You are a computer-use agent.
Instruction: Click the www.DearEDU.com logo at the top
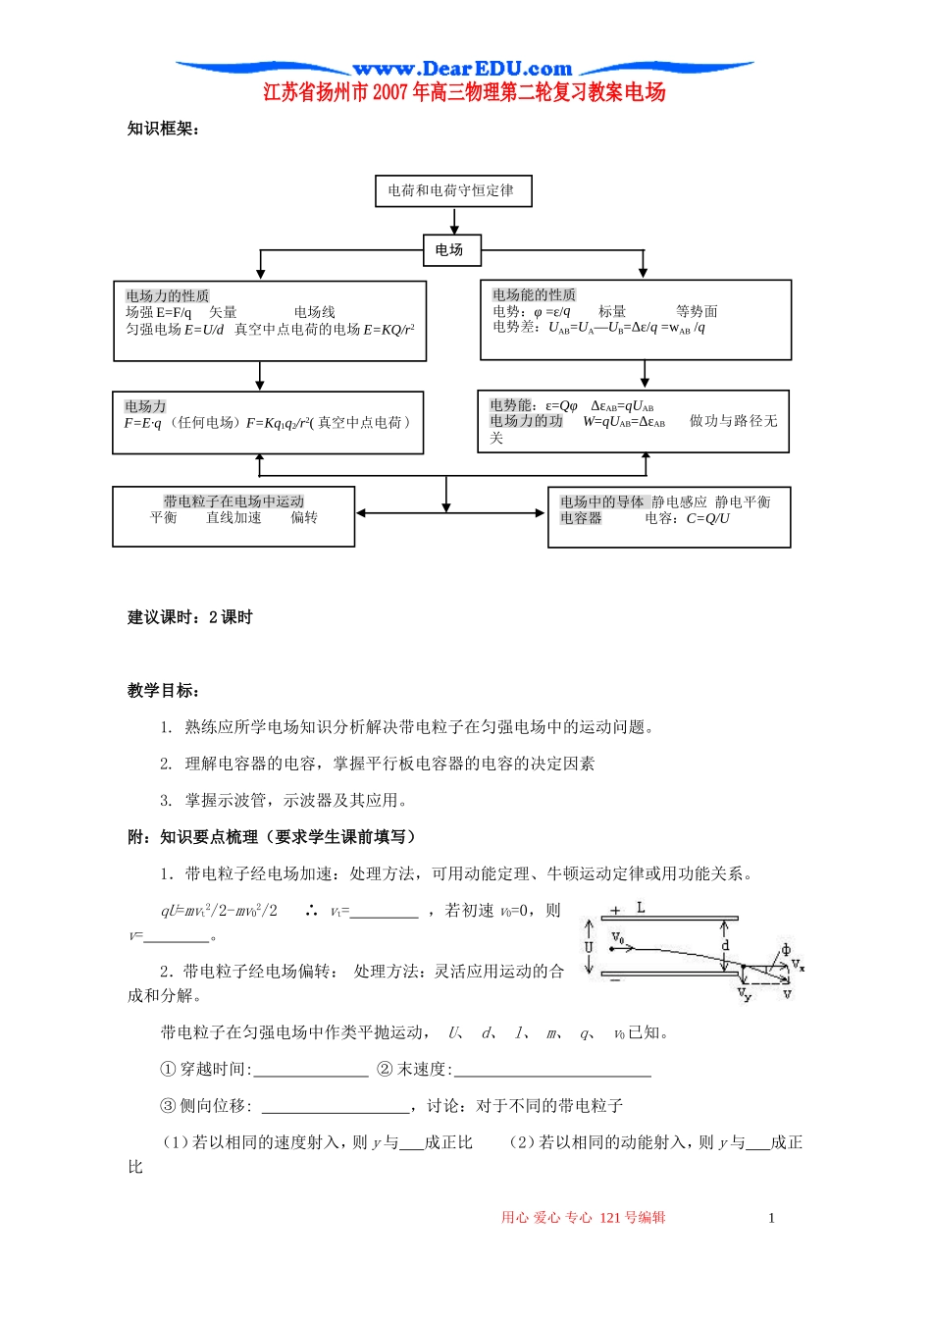click(x=462, y=69)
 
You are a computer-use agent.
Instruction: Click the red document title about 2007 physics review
click(x=464, y=92)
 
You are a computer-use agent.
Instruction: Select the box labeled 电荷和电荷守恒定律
click(x=452, y=190)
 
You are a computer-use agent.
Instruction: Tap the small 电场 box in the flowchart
click(x=449, y=249)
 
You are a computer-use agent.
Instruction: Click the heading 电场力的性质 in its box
click(x=167, y=295)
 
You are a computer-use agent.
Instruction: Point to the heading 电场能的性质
click(x=534, y=294)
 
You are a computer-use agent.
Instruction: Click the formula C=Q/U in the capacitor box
click(x=707, y=518)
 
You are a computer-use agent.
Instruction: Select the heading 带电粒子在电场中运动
click(x=233, y=501)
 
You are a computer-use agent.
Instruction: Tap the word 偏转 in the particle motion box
click(x=303, y=517)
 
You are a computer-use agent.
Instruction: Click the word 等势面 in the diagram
click(x=697, y=311)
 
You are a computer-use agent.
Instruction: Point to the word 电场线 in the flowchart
click(x=314, y=312)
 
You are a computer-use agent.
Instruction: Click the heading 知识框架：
click(x=164, y=129)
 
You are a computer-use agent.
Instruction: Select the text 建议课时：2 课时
click(x=190, y=617)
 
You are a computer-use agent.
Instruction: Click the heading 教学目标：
click(x=164, y=691)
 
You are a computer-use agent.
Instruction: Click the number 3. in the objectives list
click(x=167, y=800)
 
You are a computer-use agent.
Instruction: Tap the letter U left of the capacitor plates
click(x=589, y=947)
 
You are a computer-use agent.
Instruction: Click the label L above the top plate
click(x=640, y=908)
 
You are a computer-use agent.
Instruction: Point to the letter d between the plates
click(x=725, y=945)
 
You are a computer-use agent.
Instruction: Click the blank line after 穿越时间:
click(x=311, y=1070)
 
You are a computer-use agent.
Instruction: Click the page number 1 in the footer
click(x=771, y=1218)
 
